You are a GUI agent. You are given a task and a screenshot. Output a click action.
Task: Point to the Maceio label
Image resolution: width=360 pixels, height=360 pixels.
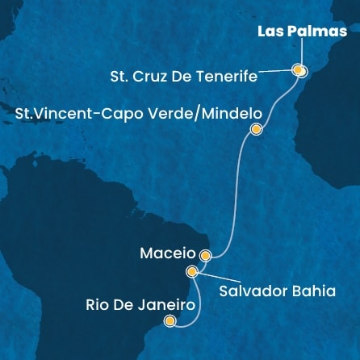click(x=166, y=253)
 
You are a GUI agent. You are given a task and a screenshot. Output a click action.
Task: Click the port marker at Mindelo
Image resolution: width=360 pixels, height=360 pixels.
click(x=257, y=129)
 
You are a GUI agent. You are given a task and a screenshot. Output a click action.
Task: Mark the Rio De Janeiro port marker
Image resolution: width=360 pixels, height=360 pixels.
click(x=170, y=321)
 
